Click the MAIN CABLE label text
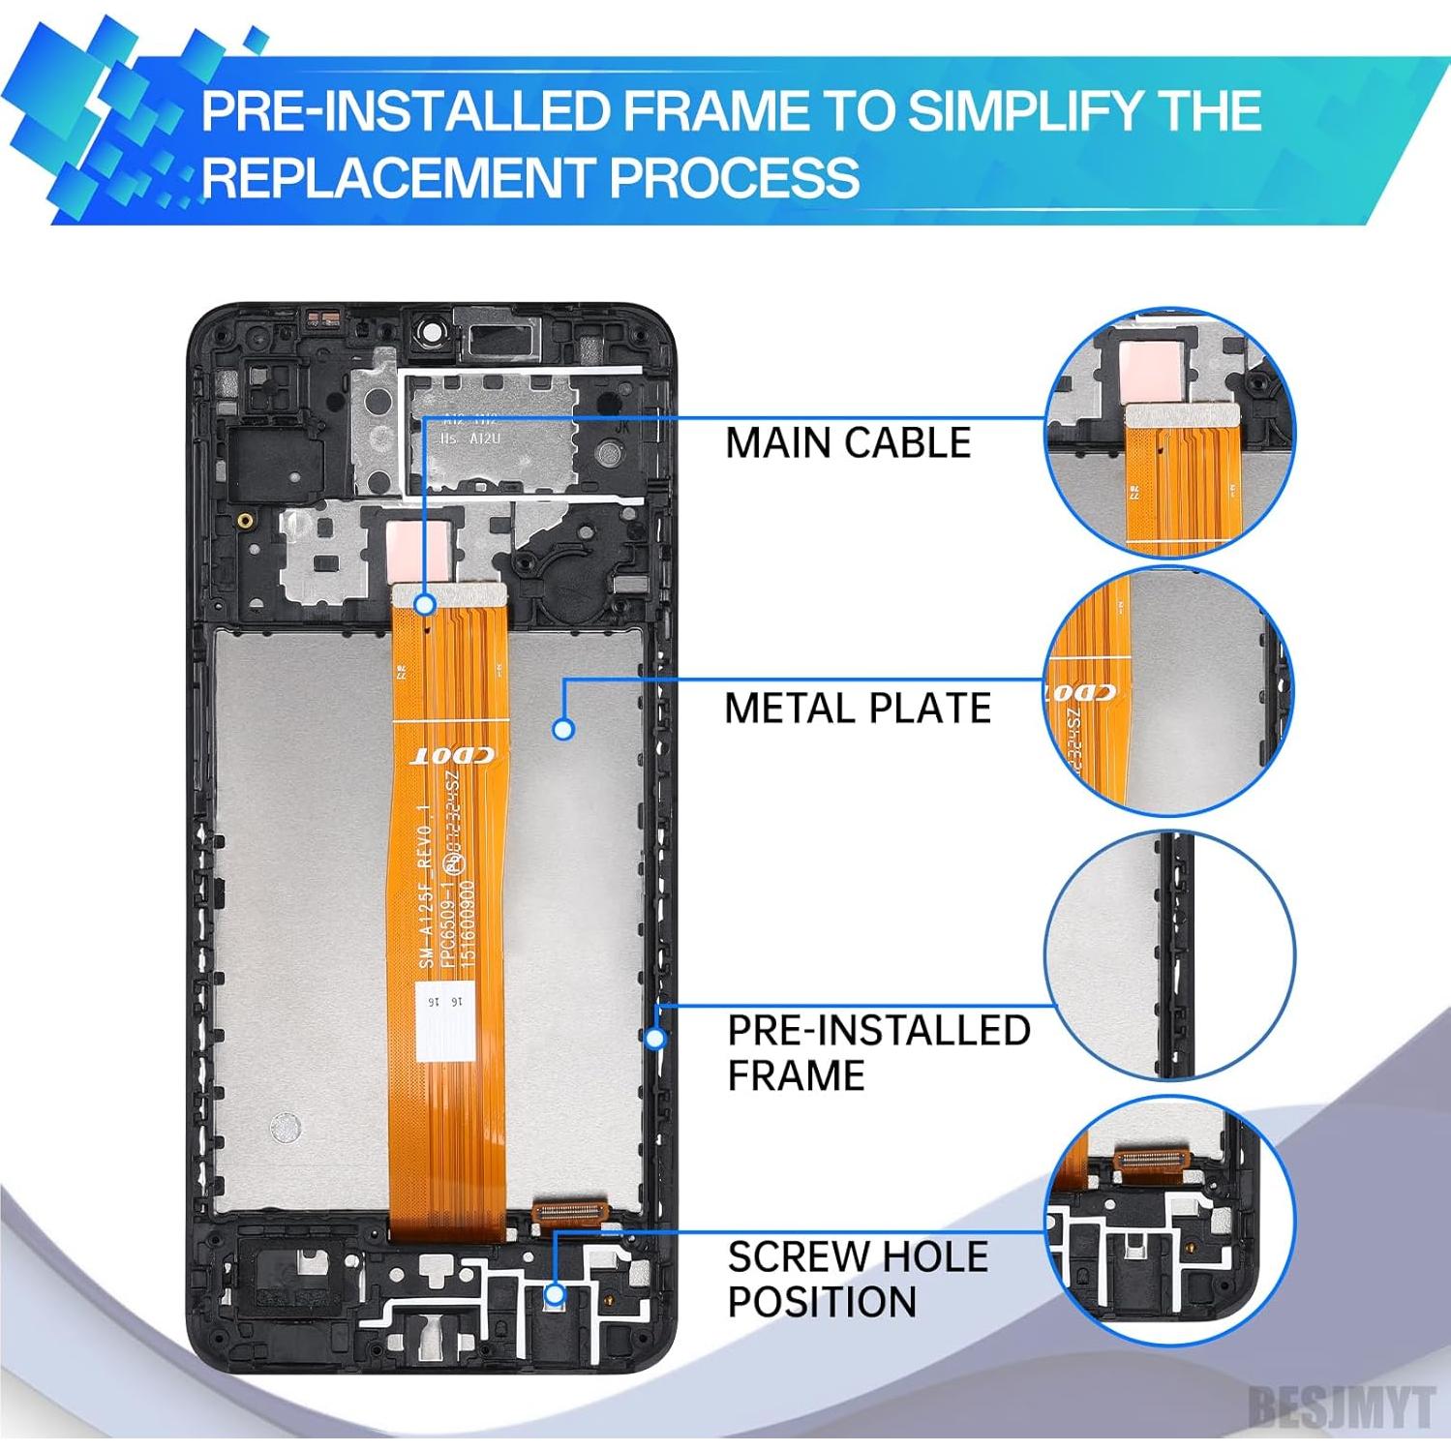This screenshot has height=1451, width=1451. tap(848, 443)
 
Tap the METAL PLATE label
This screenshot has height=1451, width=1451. tap(857, 709)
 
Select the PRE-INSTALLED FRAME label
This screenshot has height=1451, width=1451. tap(878, 1052)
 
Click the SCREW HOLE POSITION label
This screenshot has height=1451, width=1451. tap(857, 1279)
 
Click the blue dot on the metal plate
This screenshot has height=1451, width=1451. tap(563, 728)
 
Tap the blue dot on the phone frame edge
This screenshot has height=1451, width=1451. tap(655, 1039)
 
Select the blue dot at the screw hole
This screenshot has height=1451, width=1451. tap(555, 1293)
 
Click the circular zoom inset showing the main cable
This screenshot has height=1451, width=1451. tap(1169, 433)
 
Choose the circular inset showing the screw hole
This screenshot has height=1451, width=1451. tap(1169, 1220)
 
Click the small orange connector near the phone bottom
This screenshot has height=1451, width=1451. tap(570, 1208)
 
